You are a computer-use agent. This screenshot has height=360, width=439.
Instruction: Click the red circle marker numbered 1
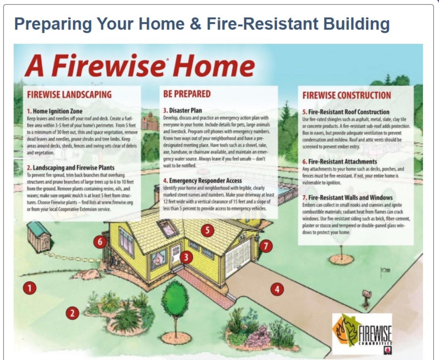tap(30, 288)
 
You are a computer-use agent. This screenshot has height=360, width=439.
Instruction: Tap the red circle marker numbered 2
tap(72, 313)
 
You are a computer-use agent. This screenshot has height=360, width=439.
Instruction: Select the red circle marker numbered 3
tap(186, 257)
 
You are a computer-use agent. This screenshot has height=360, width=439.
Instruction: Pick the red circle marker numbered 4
tap(277, 289)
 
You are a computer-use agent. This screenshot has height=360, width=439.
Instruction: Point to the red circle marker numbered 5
tap(207, 230)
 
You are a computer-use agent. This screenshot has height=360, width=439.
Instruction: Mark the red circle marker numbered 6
tap(100, 242)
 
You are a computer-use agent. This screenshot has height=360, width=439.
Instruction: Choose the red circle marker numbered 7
tap(266, 246)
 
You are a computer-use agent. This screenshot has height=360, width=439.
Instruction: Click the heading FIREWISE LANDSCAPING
tap(69, 95)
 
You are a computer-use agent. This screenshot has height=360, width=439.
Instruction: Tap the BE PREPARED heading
tap(187, 94)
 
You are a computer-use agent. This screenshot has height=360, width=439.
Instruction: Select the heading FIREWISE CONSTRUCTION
tap(347, 95)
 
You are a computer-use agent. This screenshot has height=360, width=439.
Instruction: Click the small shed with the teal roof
tap(40, 237)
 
